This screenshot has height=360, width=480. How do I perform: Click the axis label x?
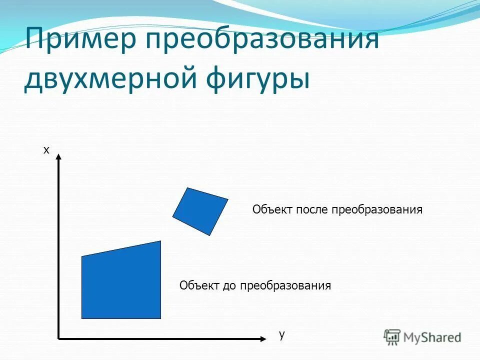(x=46, y=149)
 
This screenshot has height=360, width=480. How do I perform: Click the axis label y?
(x=282, y=334)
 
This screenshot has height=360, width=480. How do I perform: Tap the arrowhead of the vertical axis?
(x=59, y=157)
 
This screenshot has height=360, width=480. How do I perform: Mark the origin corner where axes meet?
(x=59, y=338)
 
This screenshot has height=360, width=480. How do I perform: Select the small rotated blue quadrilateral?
(x=200, y=211)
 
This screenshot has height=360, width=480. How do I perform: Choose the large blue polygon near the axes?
(x=121, y=283)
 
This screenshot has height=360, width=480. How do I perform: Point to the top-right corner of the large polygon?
(x=160, y=241)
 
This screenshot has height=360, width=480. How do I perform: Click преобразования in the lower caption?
(x=285, y=286)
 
